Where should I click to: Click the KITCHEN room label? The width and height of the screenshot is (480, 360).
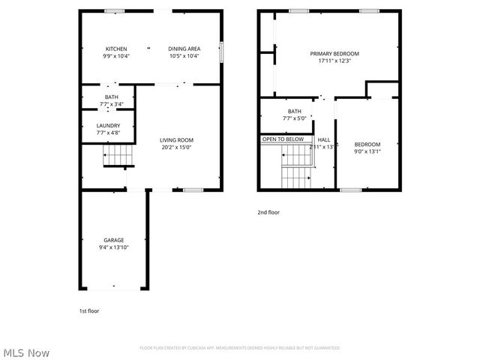click(116, 49)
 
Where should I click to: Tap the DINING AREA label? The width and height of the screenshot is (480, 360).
click(183, 49)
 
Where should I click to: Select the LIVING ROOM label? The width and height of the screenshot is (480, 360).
click(176, 140)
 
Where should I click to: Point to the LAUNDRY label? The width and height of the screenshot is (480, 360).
click(109, 126)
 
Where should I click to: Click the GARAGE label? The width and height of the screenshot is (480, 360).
click(114, 240)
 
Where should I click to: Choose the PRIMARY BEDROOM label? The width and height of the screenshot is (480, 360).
click(334, 54)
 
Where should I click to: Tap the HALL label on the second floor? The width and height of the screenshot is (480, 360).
click(324, 139)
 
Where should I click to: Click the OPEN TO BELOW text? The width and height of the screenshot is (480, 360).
click(283, 139)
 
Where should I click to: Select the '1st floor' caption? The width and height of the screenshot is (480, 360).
click(89, 310)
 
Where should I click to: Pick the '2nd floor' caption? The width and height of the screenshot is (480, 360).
click(268, 212)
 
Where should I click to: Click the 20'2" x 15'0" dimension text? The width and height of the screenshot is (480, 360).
click(176, 147)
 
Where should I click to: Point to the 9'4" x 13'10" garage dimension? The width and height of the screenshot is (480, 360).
click(114, 247)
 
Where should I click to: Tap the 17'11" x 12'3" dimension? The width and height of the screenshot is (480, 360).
click(334, 61)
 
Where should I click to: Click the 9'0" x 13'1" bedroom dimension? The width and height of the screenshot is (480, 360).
click(367, 151)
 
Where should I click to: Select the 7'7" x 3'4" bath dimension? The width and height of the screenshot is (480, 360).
click(111, 104)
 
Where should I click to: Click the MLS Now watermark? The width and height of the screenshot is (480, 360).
click(25, 352)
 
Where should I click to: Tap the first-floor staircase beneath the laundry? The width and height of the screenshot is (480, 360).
click(118, 156)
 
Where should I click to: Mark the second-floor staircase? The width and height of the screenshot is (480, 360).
click(296, 169)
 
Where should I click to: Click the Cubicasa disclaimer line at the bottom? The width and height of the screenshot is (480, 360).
click(240, 348)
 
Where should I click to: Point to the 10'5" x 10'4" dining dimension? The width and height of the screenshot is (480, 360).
click(183, 55)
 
